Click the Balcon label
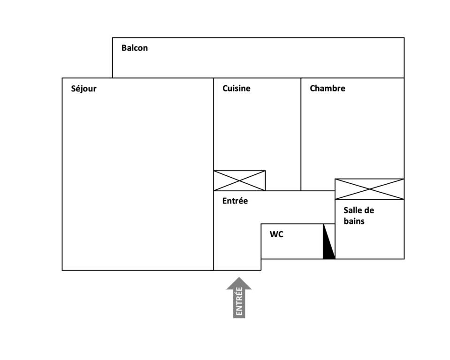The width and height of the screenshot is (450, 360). click(x=135, y=48)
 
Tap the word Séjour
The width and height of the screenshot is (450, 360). click(x=84, y=89)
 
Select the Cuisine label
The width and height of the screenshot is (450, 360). click(x=236, y=88)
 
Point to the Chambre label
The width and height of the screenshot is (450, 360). click(x=328, y=88)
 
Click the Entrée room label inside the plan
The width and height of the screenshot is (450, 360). click(x=235, y=201)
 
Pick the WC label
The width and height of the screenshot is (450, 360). click(x=276, y=234)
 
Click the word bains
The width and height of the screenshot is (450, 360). click(x=354, y=221)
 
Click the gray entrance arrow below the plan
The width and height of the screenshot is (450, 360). click(x=239, y=298)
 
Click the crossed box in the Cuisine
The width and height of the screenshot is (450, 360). click(x=240, y=180)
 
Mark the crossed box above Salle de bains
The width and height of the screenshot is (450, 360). click(x=369, y=189)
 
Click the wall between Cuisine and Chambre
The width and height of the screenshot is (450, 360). click(x=301, y=134)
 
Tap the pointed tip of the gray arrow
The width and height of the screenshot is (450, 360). click(x=239, y=277)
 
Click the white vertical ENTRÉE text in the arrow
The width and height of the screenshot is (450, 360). click(x=239, y=301)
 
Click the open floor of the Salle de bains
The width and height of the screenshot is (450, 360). click(x=370, y=241)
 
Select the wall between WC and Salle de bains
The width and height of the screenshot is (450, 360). click(x=335, y=241)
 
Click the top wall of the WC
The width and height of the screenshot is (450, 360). click(x=298, y=224)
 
